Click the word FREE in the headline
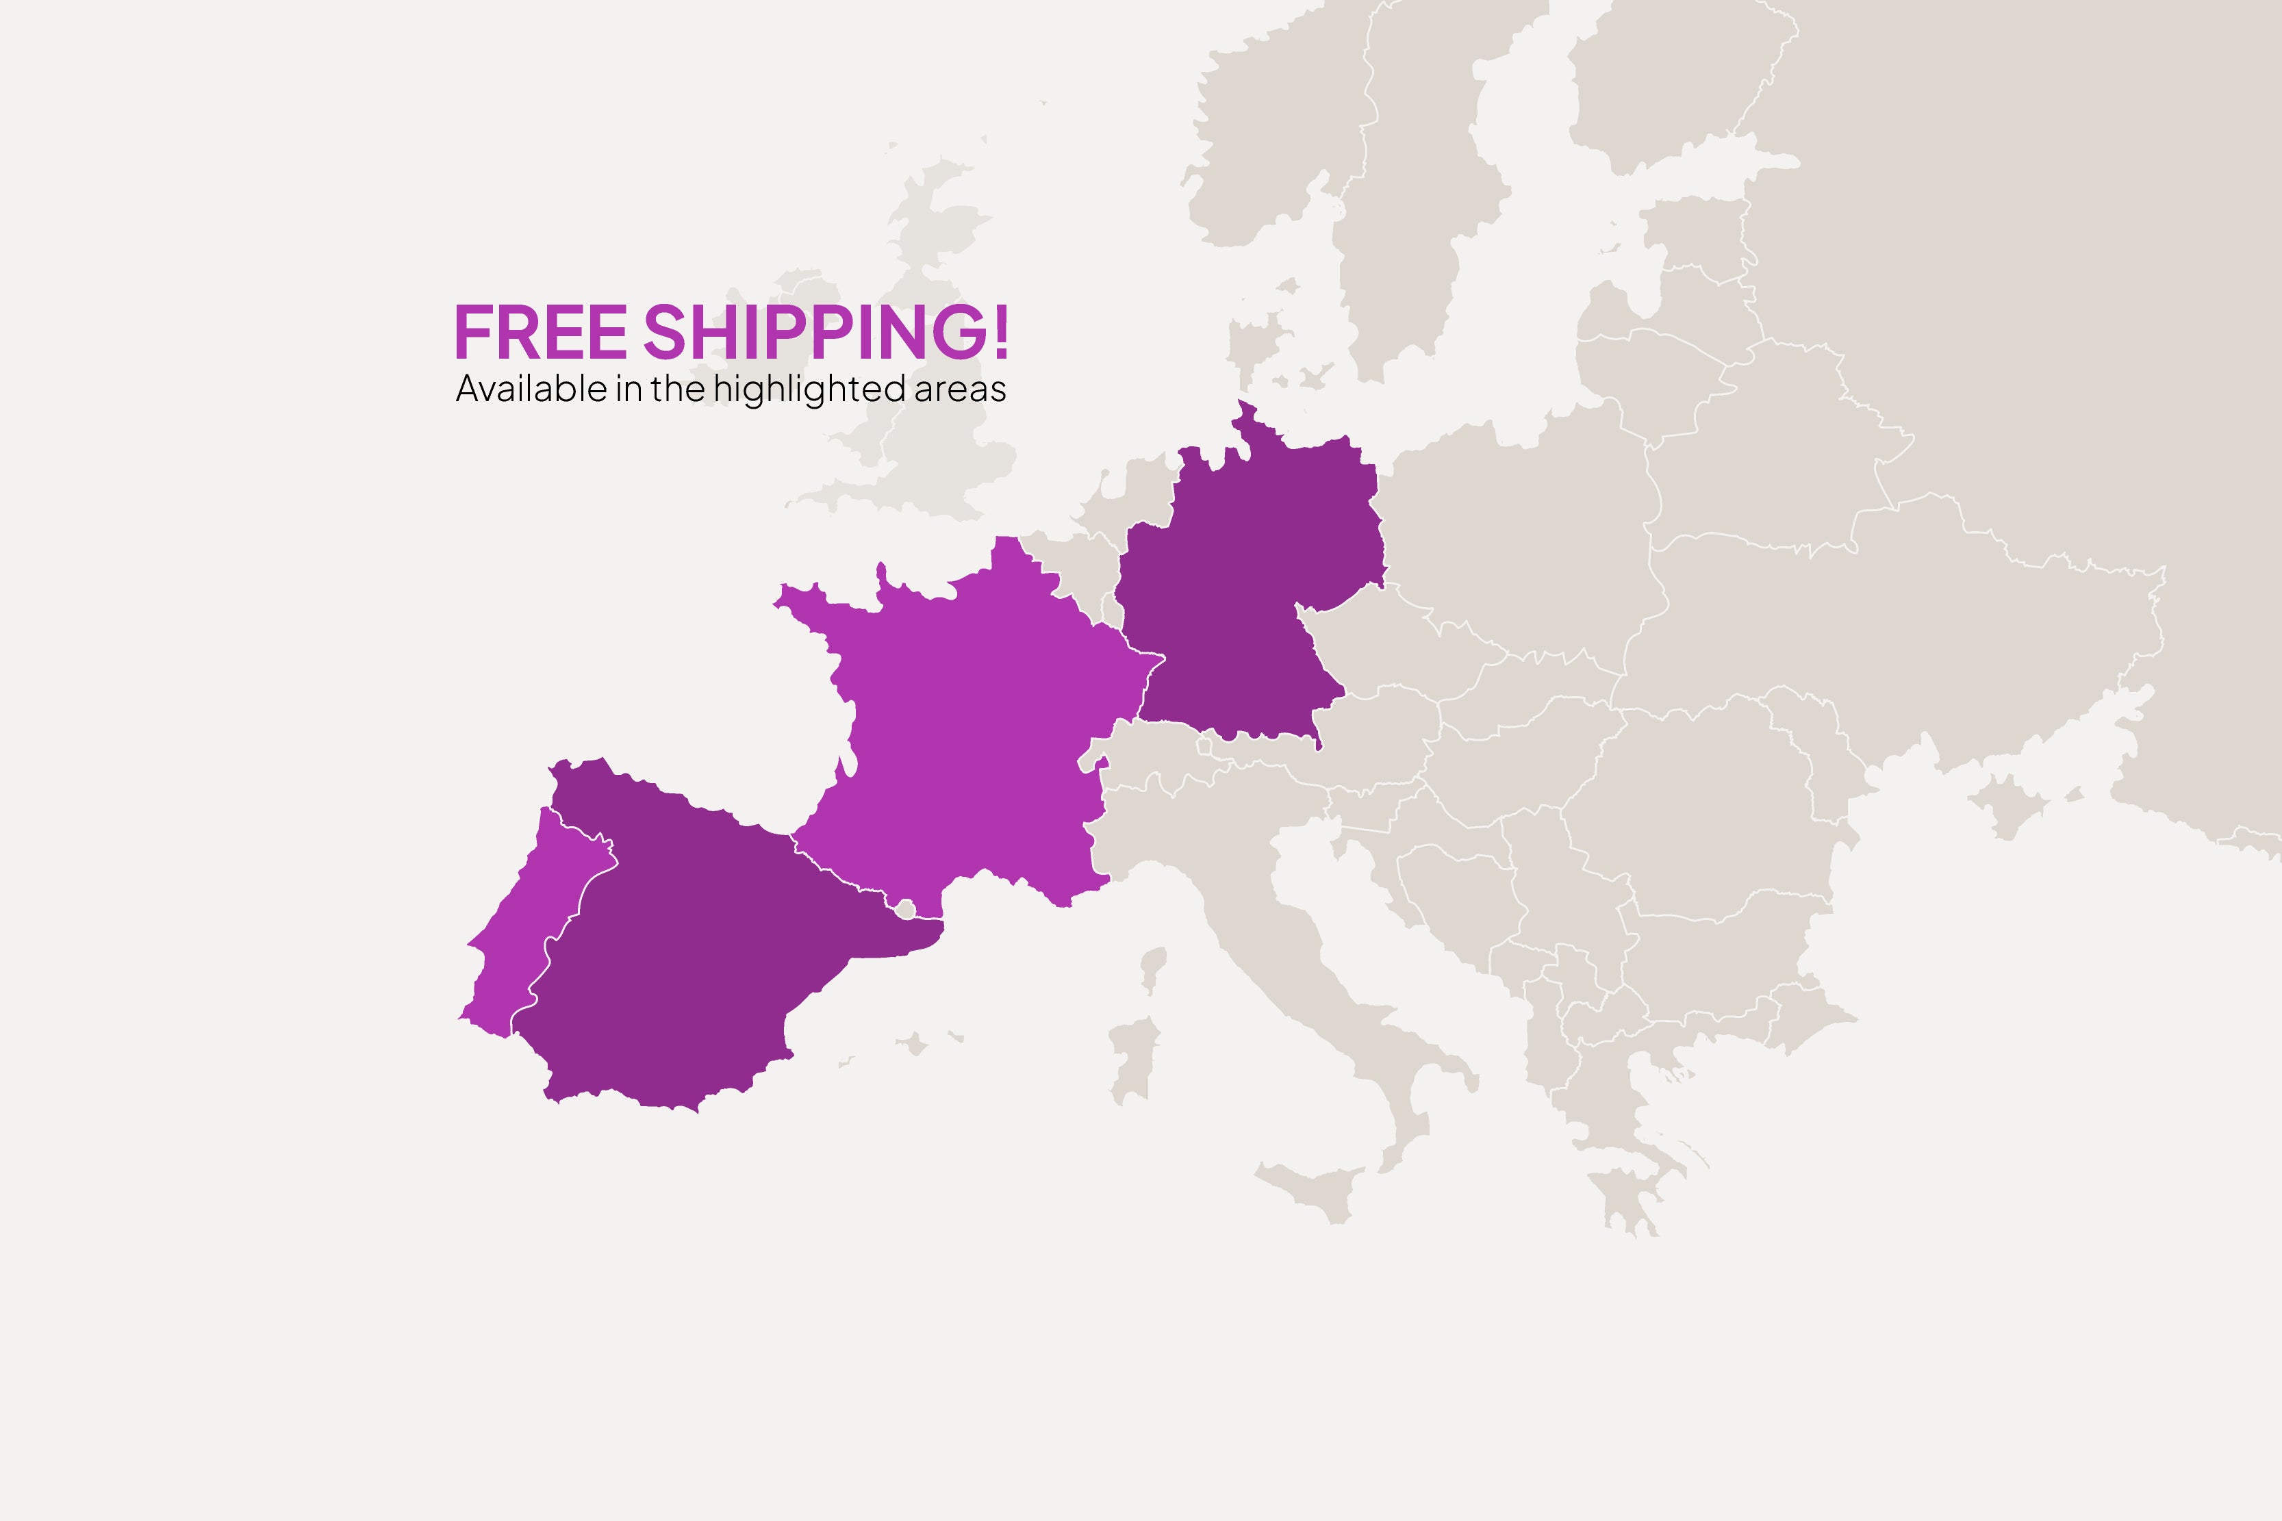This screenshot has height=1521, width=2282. tap(540, 332)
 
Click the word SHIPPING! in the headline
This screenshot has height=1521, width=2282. tap(826, 332)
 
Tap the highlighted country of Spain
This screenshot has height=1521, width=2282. tap(698, 951)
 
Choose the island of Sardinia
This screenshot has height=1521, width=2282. tap(1133, 1062)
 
